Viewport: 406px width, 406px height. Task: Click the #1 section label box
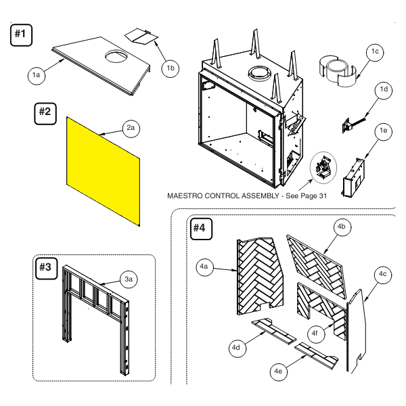click(x=21, y=35)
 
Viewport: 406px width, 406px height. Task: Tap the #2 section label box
click(x=45, y=114)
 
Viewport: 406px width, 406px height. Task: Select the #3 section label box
click(x=46, y=269)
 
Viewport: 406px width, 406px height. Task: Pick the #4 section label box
click(x=201, y=229)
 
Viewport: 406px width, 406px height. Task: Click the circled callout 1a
click(x=37, y=75)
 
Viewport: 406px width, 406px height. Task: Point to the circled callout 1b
click(x=170, y=68)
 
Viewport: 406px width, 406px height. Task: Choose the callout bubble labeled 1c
click(x=375, y=52)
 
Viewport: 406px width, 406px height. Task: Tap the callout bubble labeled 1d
click(x=384, y=89)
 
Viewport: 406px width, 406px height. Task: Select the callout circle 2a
click(x=131, y=128)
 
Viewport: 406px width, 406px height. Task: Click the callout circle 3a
click(x=129, y=279)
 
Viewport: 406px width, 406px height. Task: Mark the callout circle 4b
click(x=342, y=227)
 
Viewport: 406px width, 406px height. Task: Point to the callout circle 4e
click(x=278, y=371)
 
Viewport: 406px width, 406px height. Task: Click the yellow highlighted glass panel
click(x=104, y=171)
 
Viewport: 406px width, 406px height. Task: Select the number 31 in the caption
click(x=323, y=196)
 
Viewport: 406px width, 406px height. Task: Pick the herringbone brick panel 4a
click(x=261, y=276)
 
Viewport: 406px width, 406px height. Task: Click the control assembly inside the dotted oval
click(x=323, y=168)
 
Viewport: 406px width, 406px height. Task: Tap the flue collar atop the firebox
click(x=261, y=73)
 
